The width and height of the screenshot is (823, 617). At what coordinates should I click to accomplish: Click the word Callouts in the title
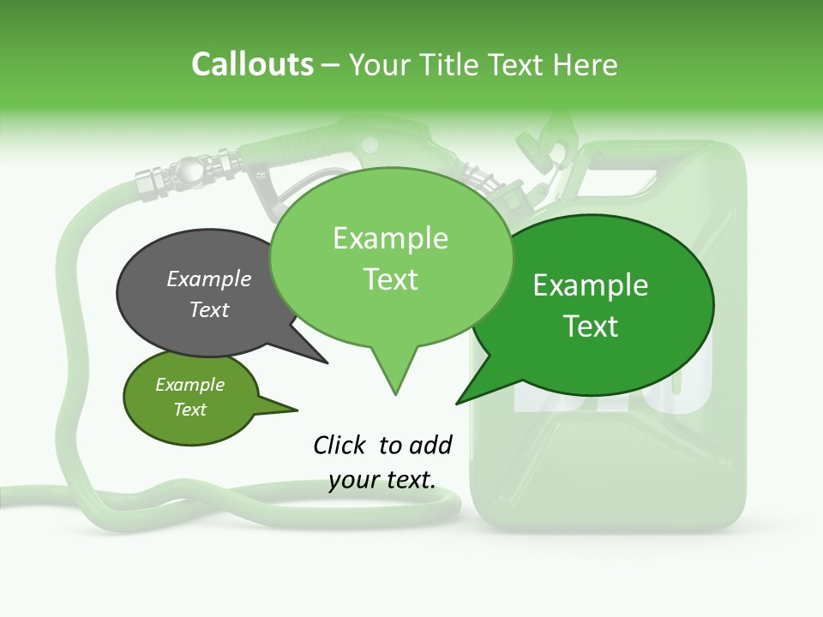tap(252, 64)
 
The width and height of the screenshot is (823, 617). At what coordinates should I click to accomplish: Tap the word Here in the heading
tap(586, 64)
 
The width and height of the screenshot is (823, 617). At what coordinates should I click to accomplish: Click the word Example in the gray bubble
tap(208, 279)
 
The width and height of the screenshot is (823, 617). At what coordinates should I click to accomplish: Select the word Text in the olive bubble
tap(189, 410)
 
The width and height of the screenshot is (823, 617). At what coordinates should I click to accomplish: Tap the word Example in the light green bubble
tap(390, 238)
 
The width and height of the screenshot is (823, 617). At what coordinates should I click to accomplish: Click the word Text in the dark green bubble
tap(591, 326)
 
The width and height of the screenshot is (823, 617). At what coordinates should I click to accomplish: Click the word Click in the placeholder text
tap(340, 445)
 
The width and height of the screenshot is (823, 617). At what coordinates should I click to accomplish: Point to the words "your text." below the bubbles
tap(382, 480)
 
